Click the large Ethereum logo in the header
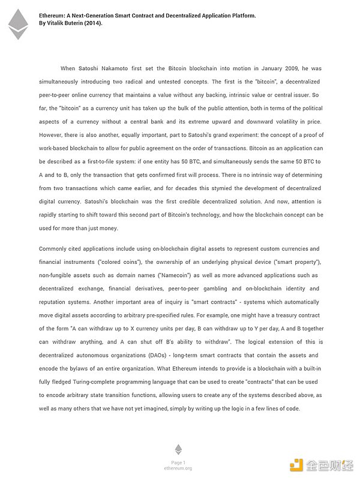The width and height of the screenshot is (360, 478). coord(18,24)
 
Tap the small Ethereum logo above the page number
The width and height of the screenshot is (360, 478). coord(178,450)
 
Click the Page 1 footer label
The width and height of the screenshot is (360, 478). coord(178,462)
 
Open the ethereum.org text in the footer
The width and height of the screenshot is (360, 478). coord(178,468)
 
